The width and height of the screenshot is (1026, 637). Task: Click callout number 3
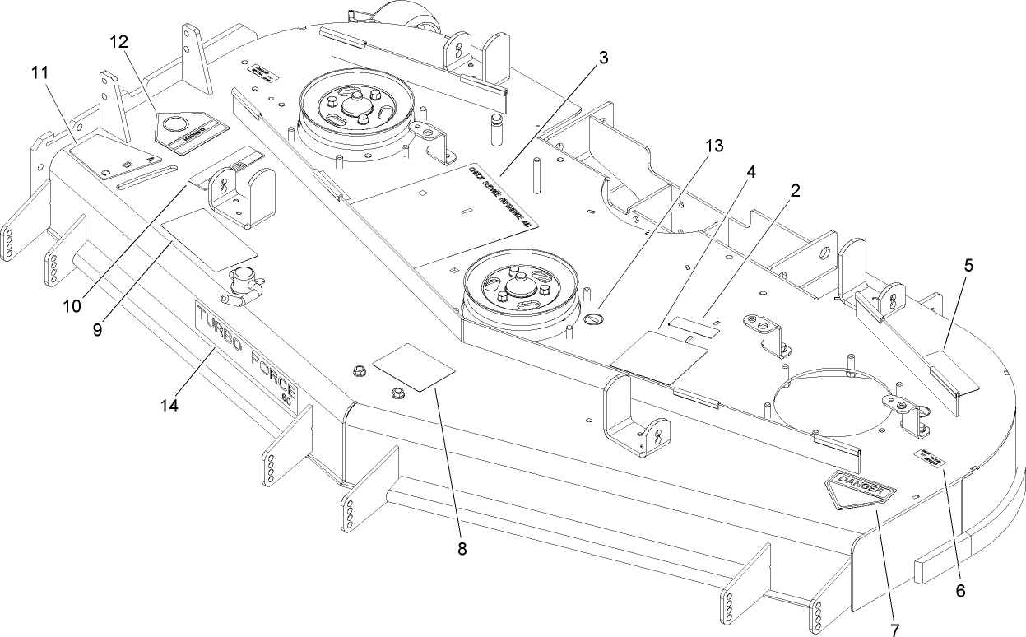click(603, 58)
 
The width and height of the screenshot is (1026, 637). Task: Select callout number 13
click(713, 146)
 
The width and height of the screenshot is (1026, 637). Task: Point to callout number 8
click(462, 549)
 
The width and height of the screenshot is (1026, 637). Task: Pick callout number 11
click(40, 72)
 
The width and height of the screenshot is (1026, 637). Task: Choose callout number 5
click(968, 266)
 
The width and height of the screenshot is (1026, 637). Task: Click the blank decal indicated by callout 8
click(413, 366)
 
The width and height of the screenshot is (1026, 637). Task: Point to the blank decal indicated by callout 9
click(209, 238)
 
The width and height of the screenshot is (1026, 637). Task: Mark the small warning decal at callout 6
click(929, 458)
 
